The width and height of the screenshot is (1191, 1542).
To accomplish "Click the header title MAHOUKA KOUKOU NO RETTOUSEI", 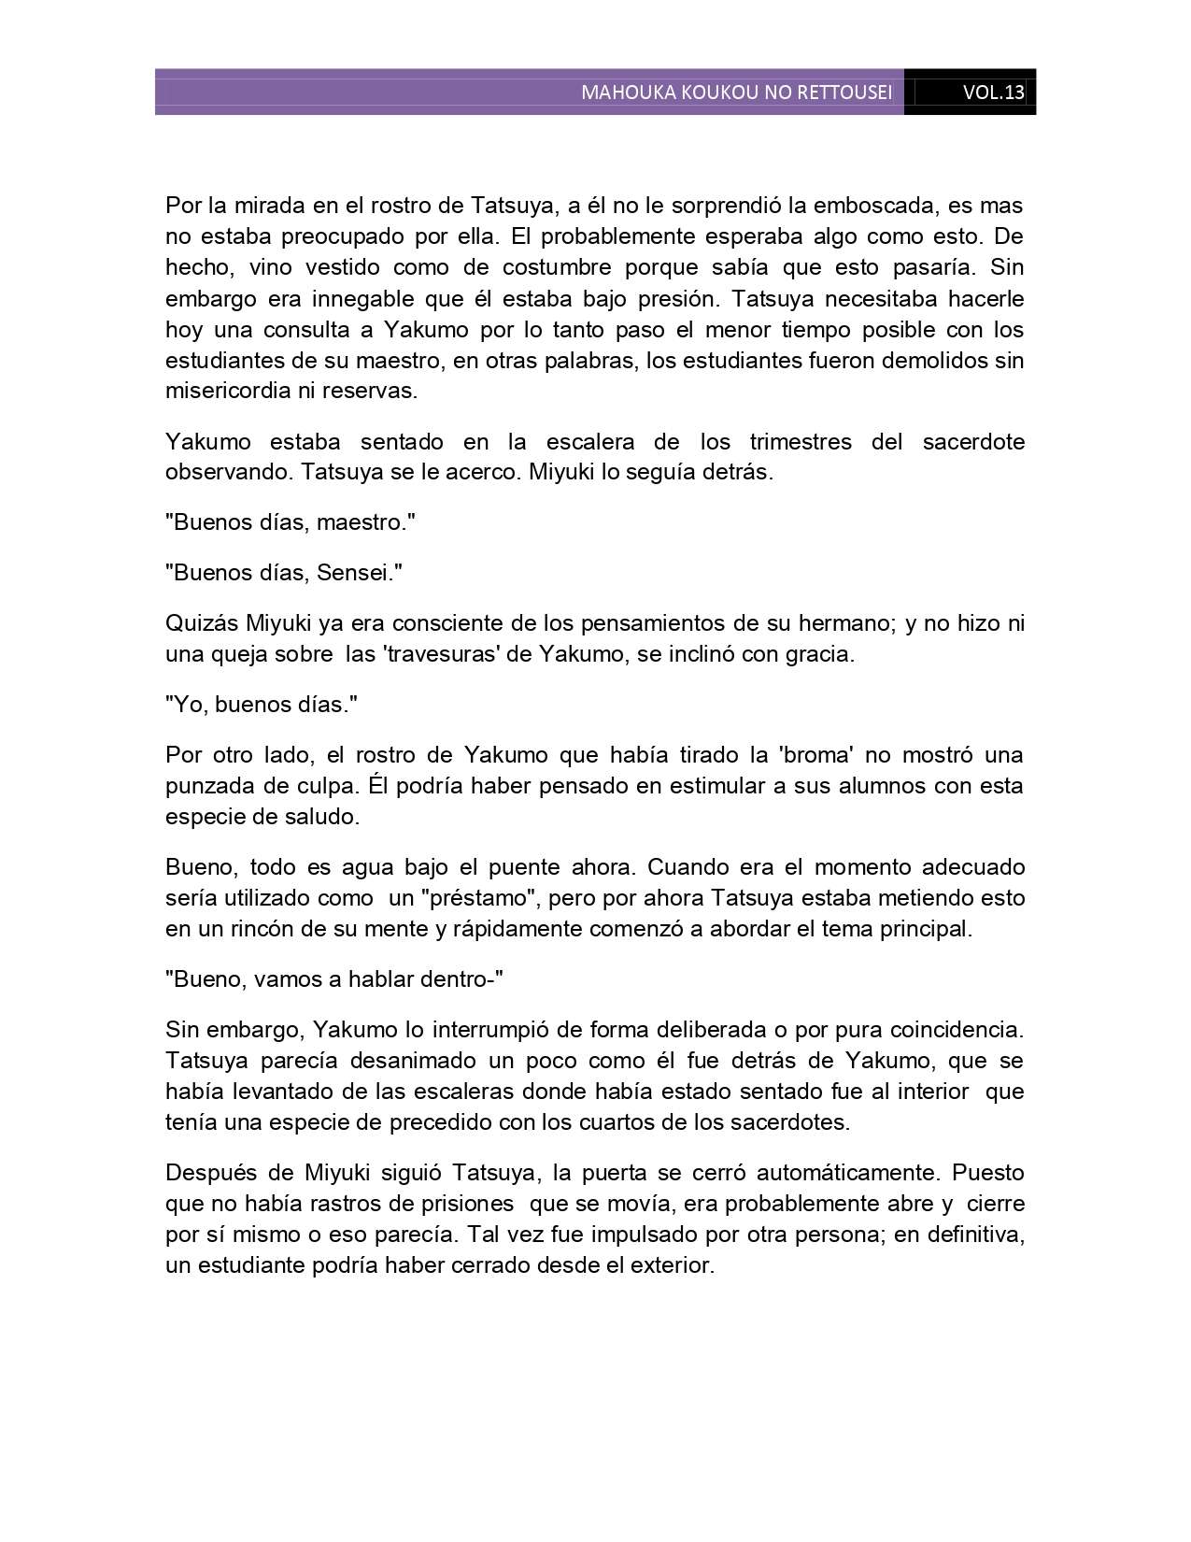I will click(736, 93).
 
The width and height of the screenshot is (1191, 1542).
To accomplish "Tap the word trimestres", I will click(801, 441).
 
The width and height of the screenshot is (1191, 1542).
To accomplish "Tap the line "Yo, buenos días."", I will click(262, 705).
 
